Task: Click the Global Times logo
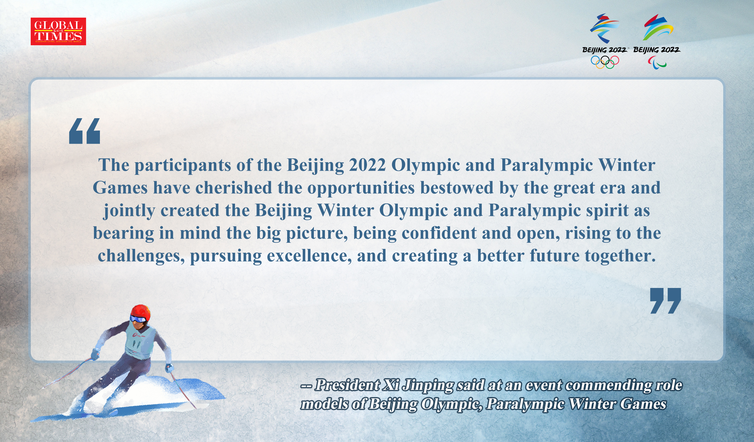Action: point(58,31)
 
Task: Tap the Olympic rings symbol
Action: point(605,62)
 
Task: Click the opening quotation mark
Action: point(85,131)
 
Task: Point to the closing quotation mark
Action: point(665,301)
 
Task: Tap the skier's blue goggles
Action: point(138,319)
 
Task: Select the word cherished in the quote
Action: point(233,188)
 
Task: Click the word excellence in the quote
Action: point(309,256)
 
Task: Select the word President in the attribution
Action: point(347,385)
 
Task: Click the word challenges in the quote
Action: point(141,256)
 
